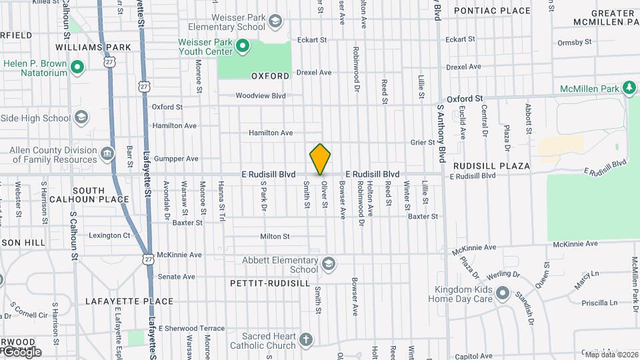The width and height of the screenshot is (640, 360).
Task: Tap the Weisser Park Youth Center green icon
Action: (243, 47)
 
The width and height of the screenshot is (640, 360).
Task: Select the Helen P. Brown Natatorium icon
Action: (77, 67)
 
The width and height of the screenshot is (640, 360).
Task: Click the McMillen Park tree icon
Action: (628, 88)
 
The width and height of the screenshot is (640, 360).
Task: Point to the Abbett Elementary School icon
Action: (328, 265)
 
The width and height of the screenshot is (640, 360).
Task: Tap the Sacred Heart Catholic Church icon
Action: (305, 341)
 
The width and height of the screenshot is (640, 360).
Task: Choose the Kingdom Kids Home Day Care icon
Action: (503, 294)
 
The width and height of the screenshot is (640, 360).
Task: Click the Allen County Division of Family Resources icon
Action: (107, 155)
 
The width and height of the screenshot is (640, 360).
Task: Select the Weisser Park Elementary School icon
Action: (275, 22)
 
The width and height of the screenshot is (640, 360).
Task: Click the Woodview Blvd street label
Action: (260, 96)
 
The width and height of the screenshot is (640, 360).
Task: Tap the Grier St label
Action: (423, 142)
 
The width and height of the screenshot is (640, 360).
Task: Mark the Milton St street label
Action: (275, 236)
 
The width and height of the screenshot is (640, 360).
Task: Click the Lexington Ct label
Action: (109, 235)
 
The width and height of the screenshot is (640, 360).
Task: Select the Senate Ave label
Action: (176, 277)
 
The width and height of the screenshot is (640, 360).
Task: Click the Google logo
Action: (21, 351)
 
